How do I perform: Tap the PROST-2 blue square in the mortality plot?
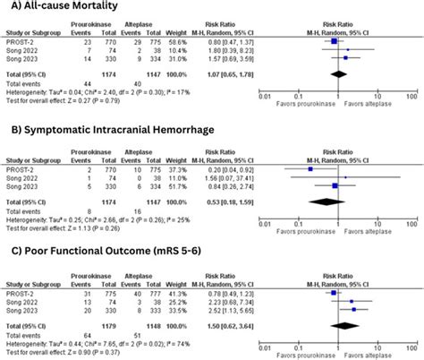(334, 40)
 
